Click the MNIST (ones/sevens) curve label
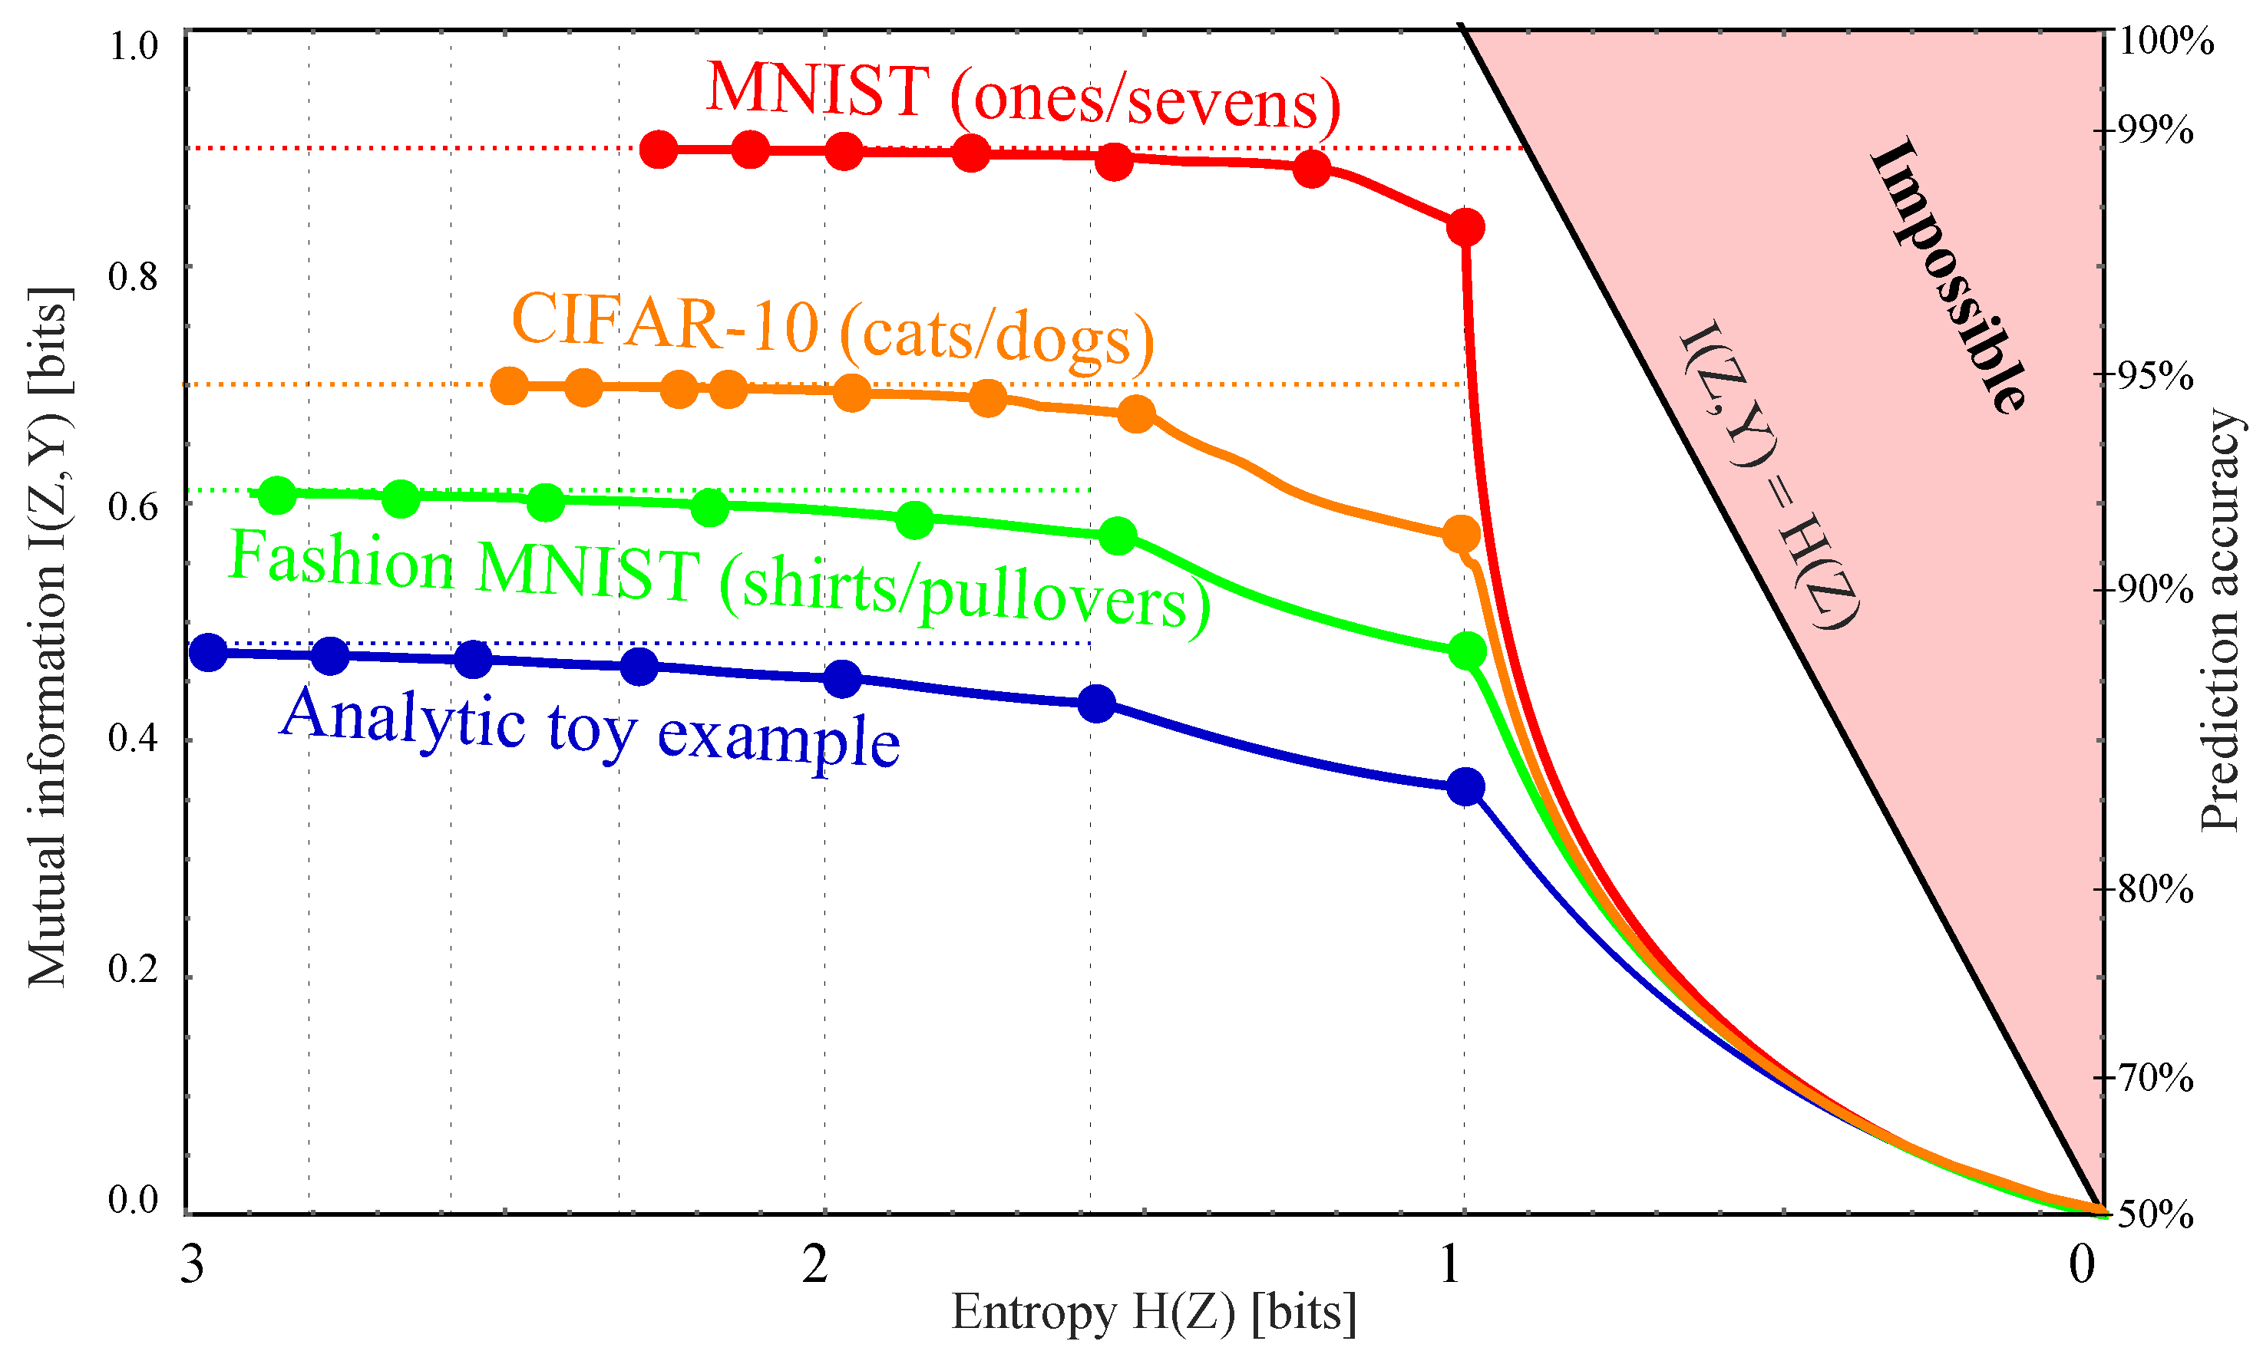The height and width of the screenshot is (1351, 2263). coord(1022,93)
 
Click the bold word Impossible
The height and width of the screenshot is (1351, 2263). coord(1949,276)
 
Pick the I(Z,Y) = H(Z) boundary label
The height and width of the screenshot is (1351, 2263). coord(1769,473)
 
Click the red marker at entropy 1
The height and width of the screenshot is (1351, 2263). coord(1465,226)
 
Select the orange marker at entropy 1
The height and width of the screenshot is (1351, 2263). coord(1462,535)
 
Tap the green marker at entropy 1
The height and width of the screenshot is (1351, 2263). coord(1467,651)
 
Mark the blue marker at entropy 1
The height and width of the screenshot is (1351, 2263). coord(1465,786)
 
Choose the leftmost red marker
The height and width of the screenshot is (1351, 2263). coord(659,150)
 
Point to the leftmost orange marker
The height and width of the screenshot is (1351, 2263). coord(509,386)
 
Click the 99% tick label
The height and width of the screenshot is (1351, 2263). coord(2155,131)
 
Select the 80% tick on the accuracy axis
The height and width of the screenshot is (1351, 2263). coord(2155,889)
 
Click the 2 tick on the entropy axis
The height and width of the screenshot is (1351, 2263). coord(815,1264)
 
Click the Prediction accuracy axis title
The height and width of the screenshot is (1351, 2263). coord(2220,619)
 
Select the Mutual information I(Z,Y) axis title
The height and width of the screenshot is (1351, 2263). coord(48,638)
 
